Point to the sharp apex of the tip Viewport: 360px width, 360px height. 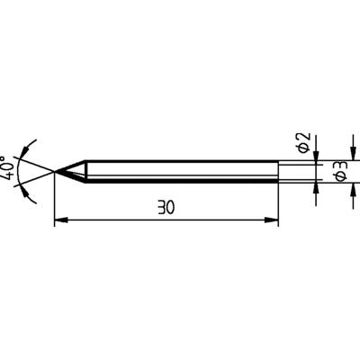pyautogui.click(x=55, y=171)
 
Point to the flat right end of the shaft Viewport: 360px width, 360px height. pyautogui.click(x=278, y=172)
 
